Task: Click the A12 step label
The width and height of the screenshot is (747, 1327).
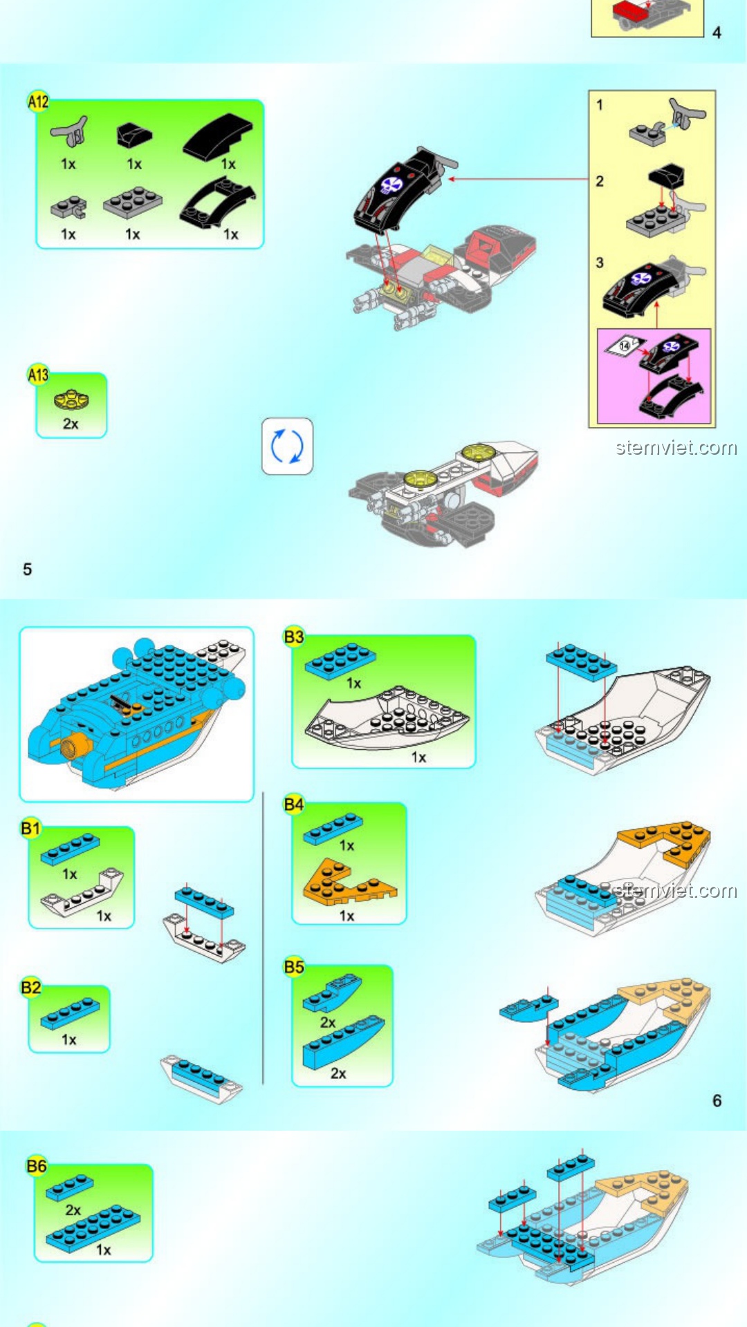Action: point(38,102)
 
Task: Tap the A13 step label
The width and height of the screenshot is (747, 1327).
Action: point(38,375)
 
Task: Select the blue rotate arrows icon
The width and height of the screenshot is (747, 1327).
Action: point(287,446)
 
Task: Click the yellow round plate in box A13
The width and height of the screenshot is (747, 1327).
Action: point(71,399)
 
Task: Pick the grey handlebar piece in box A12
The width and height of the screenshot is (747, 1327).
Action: point(70,131)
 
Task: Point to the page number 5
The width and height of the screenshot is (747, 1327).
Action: point(28,570)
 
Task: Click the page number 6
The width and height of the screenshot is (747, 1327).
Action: point(717,1100)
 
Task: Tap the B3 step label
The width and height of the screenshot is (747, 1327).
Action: point(294,637)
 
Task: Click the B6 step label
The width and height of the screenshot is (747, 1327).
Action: point(37,1166)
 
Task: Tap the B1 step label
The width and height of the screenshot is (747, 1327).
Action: point(31,828)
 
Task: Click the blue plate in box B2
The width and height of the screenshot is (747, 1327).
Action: point(70,1013)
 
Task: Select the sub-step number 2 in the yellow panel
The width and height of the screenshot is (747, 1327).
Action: point(600,181)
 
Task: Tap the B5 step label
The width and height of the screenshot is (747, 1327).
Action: point(294,967)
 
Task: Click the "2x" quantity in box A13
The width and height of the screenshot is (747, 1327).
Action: point(71,424)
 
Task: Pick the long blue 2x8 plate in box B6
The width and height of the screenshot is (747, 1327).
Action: point(93,1228)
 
